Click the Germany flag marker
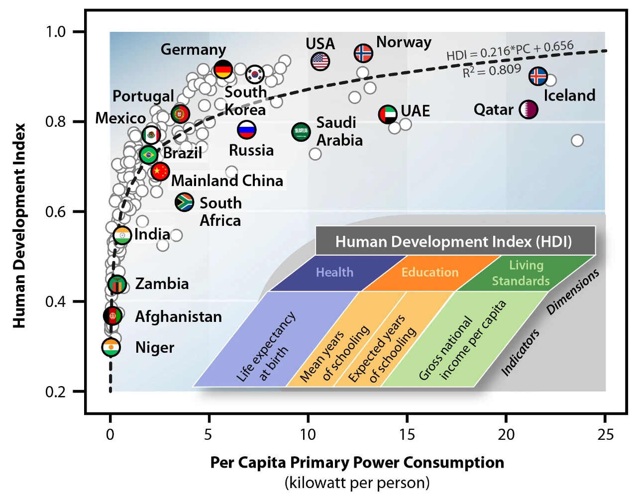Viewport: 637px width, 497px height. tap(223, 69)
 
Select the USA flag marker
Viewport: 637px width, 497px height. tap(320, 61)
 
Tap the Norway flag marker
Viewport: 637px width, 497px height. tap(364, 53)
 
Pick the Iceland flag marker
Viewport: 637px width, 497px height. tap(538, 76)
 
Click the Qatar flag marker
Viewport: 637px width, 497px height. tap(528, 109)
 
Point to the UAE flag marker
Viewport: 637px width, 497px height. tap(388, 114)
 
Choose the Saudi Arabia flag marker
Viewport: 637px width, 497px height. tap(301, 132)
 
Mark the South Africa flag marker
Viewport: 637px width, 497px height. tap(185, 202)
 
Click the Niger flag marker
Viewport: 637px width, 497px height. tap(111, 347)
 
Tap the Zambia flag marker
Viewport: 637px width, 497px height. tap(116, 284)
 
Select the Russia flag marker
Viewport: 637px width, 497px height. tap(246, 130)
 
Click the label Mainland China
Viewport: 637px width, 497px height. tap(227, 180)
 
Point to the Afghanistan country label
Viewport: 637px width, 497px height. tap(178, 316)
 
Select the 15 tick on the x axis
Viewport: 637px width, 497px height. tap(407, 434)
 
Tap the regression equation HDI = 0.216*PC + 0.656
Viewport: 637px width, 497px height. tap(510, 50)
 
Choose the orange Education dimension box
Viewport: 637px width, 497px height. tap(430, 273)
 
